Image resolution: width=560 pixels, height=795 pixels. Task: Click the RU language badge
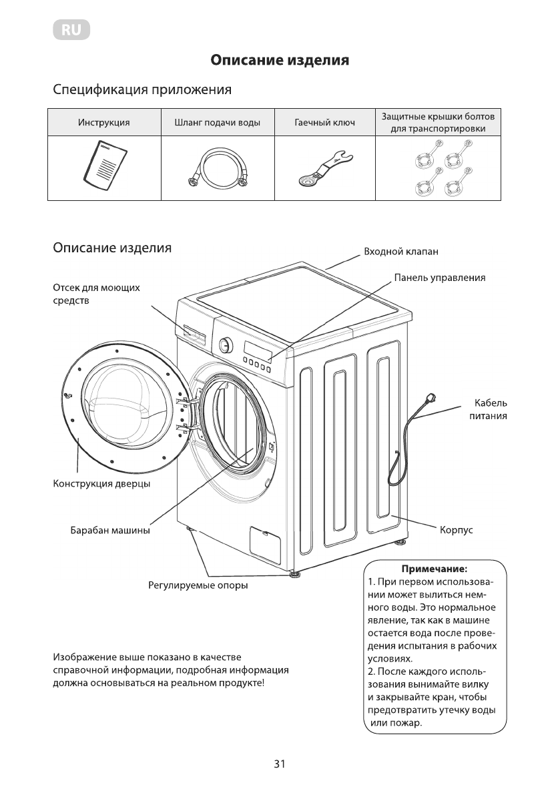click(x=71, y=29)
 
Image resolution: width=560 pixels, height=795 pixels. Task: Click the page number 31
click(x=280, y=765)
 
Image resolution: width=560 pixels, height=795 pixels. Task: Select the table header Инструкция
click(x=103, y=123)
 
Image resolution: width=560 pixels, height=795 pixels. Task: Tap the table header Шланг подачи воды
click(x=217, y=123)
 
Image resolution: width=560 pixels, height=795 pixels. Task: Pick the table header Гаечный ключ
click(x=324, y=123)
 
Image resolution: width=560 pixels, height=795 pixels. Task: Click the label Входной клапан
click(x=400, y=252)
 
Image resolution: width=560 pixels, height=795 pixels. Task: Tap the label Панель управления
click(x=439, y=278)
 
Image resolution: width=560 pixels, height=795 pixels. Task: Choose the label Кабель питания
click(x=491, y=409)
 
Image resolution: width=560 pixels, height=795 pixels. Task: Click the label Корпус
click(x=457, y=530)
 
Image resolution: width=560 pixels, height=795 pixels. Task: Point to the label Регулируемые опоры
click(x=198, y=586)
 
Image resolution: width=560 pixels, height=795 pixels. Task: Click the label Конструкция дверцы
click(x=101, y=483)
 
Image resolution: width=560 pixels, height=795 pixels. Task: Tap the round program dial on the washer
click(x=226, y=344)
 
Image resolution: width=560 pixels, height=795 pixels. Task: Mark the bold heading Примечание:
click(x=434, y=569)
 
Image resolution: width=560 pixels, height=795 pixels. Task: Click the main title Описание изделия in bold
click(x=280, y=61)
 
